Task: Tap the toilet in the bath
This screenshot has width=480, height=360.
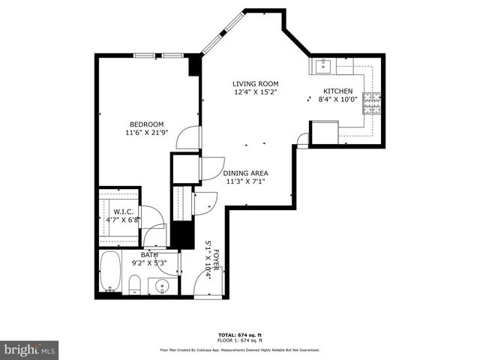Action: point(135,283)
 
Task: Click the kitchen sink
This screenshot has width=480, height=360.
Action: point(323,67)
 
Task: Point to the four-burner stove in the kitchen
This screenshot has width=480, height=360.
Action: point(372,103)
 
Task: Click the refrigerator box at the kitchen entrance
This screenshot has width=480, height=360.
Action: point(324,133)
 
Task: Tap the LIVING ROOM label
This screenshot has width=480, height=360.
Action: point(255,84)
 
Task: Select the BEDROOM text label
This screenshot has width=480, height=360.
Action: point(147,124)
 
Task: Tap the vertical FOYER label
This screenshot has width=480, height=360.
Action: point(216,259)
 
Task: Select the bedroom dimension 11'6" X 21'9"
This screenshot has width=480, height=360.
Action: point(148,133)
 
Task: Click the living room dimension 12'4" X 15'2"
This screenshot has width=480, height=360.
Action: point(255,92)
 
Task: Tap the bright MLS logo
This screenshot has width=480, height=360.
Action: point(30,349)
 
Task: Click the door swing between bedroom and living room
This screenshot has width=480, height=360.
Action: point(193,136)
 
